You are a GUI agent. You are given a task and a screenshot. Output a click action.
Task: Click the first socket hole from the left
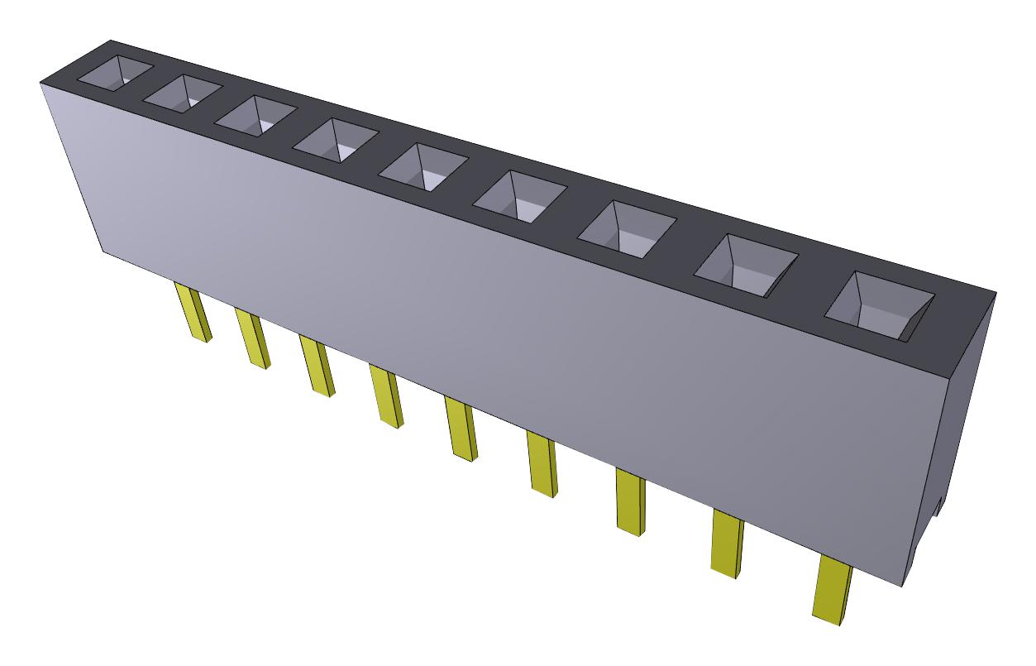click(116, 72)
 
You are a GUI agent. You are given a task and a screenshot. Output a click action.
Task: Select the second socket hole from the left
click(183, 91)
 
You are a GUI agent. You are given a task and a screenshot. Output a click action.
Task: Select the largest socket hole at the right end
click(881, 304)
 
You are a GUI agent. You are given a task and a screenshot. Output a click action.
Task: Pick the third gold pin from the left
click(317, 367)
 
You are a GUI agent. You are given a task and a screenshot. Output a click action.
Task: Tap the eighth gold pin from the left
click(726, 544)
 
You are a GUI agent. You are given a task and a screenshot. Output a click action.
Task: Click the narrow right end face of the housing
click(959, 414)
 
